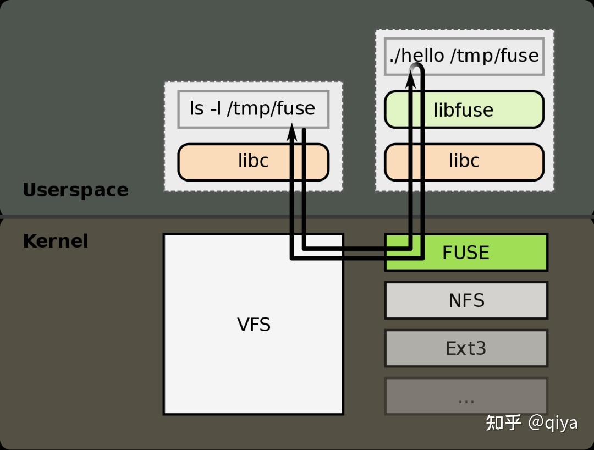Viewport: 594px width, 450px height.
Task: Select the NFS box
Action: coord(466,300)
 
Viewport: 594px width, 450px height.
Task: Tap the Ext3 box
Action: coord(466,348)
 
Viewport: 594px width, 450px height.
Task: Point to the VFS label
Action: coord(254,325)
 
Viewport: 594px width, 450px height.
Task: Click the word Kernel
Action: coord(56,241)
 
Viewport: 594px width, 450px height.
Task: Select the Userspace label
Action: coord(75,190)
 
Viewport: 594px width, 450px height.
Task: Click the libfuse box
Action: coord(464,109)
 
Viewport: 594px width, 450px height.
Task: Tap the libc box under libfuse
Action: coord(464,161)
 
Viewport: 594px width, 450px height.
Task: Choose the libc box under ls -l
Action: coord(253,161)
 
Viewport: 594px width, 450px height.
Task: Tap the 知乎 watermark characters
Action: coord(503,422)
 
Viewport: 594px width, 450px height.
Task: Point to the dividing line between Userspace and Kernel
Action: coord(297,217)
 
